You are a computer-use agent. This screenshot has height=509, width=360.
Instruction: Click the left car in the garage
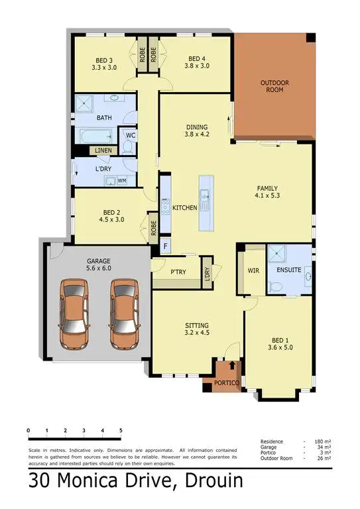(x=74, y=313)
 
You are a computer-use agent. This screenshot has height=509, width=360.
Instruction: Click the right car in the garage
(x=124, y=313)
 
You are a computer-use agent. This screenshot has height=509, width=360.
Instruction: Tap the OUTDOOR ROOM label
(x=272, y=85)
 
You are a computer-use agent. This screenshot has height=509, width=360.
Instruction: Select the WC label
(x=131, y=136)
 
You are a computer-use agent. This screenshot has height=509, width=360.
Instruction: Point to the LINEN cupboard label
(x=103, y=151)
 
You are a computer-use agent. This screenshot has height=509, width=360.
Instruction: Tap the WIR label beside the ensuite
(x=253, y=270)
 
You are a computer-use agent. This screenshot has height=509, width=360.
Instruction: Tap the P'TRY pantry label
(x=177, y=272)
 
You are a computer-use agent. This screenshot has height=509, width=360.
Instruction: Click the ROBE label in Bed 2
(x=153, y=228)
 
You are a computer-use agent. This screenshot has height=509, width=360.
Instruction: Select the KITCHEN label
(x=184, y=208)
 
